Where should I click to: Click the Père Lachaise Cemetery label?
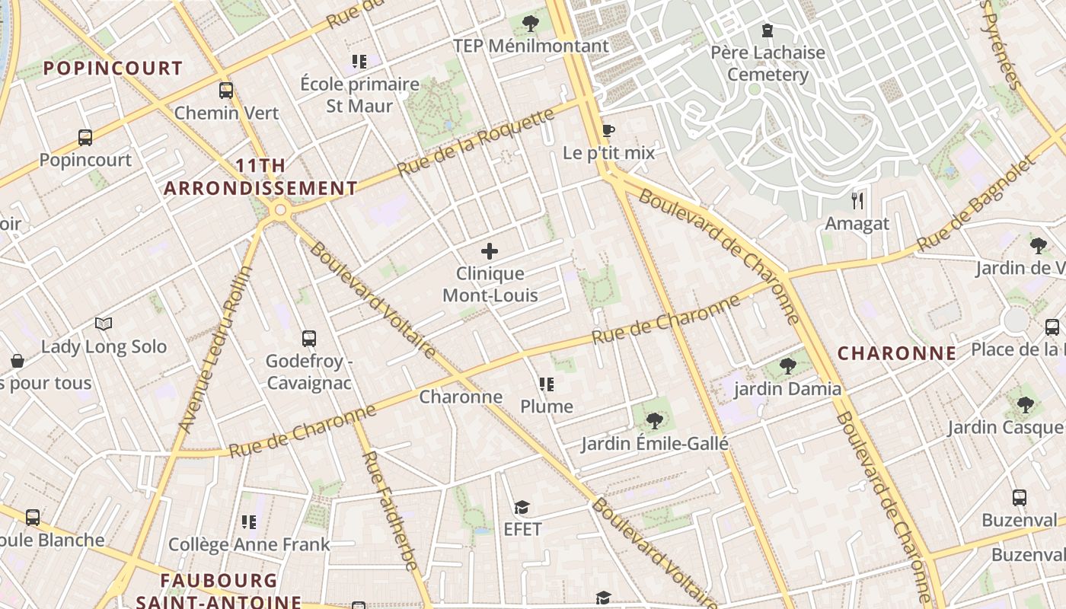(x=768, y=64)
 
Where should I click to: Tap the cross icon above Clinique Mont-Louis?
(x=490, y=251)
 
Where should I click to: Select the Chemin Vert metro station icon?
(x=226, y=91)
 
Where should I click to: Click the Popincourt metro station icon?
(x=85, y=138)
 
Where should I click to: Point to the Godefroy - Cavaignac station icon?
(x=308, y=339)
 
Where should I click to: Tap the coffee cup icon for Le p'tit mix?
(x=608, y=130)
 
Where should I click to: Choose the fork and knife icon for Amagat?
(x=857, y=201)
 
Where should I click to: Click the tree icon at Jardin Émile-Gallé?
(x=654, y=421)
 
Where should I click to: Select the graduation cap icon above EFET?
(x=522, y=507)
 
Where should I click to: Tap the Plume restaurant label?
(x=547, y=407)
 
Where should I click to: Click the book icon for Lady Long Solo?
(x=104, y=324)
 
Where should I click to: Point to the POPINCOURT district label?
(x=113, y=69)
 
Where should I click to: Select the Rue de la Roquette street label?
(x=477, y=142)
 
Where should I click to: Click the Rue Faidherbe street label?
(x=389, y=510)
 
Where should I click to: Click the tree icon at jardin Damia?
(x=788, y=366)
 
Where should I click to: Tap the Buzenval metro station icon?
(x=1020, y=498)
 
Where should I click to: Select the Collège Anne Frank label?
(x=249, y=544)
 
